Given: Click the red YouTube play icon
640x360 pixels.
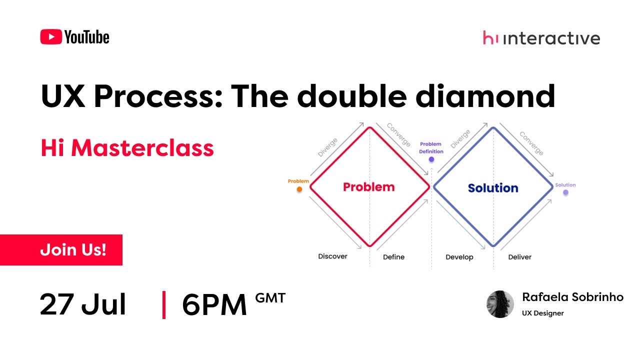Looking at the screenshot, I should [51, 37].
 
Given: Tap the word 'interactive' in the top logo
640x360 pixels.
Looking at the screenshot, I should [551, 38].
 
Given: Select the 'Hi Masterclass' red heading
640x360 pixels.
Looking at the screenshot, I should [127, 148].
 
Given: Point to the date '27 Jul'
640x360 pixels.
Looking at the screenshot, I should [83, 304].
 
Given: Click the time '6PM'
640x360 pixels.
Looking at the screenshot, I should [214, 304].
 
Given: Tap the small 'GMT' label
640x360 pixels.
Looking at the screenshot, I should [270, 298].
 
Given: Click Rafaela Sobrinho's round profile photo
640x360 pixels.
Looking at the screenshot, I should [500, 304].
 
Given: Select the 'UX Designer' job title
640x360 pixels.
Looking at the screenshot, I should [543, 313].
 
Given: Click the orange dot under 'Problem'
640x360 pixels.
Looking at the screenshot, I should [299, 189].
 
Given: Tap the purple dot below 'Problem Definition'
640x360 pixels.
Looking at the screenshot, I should [431, 160].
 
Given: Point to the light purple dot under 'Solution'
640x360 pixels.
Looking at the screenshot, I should [565, 192].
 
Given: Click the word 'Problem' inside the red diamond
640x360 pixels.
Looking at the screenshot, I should [368, 187].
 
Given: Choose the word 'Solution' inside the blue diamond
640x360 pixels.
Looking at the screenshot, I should [493, 188].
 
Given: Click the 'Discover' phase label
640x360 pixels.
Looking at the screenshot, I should [332, 256].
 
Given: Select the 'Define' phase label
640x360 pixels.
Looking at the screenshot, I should [393, 257].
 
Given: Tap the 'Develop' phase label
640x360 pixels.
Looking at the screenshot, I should [459, 257].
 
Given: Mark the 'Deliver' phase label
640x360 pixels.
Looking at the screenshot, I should [519, 257].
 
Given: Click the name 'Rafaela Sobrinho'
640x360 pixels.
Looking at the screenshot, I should [572, 297].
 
